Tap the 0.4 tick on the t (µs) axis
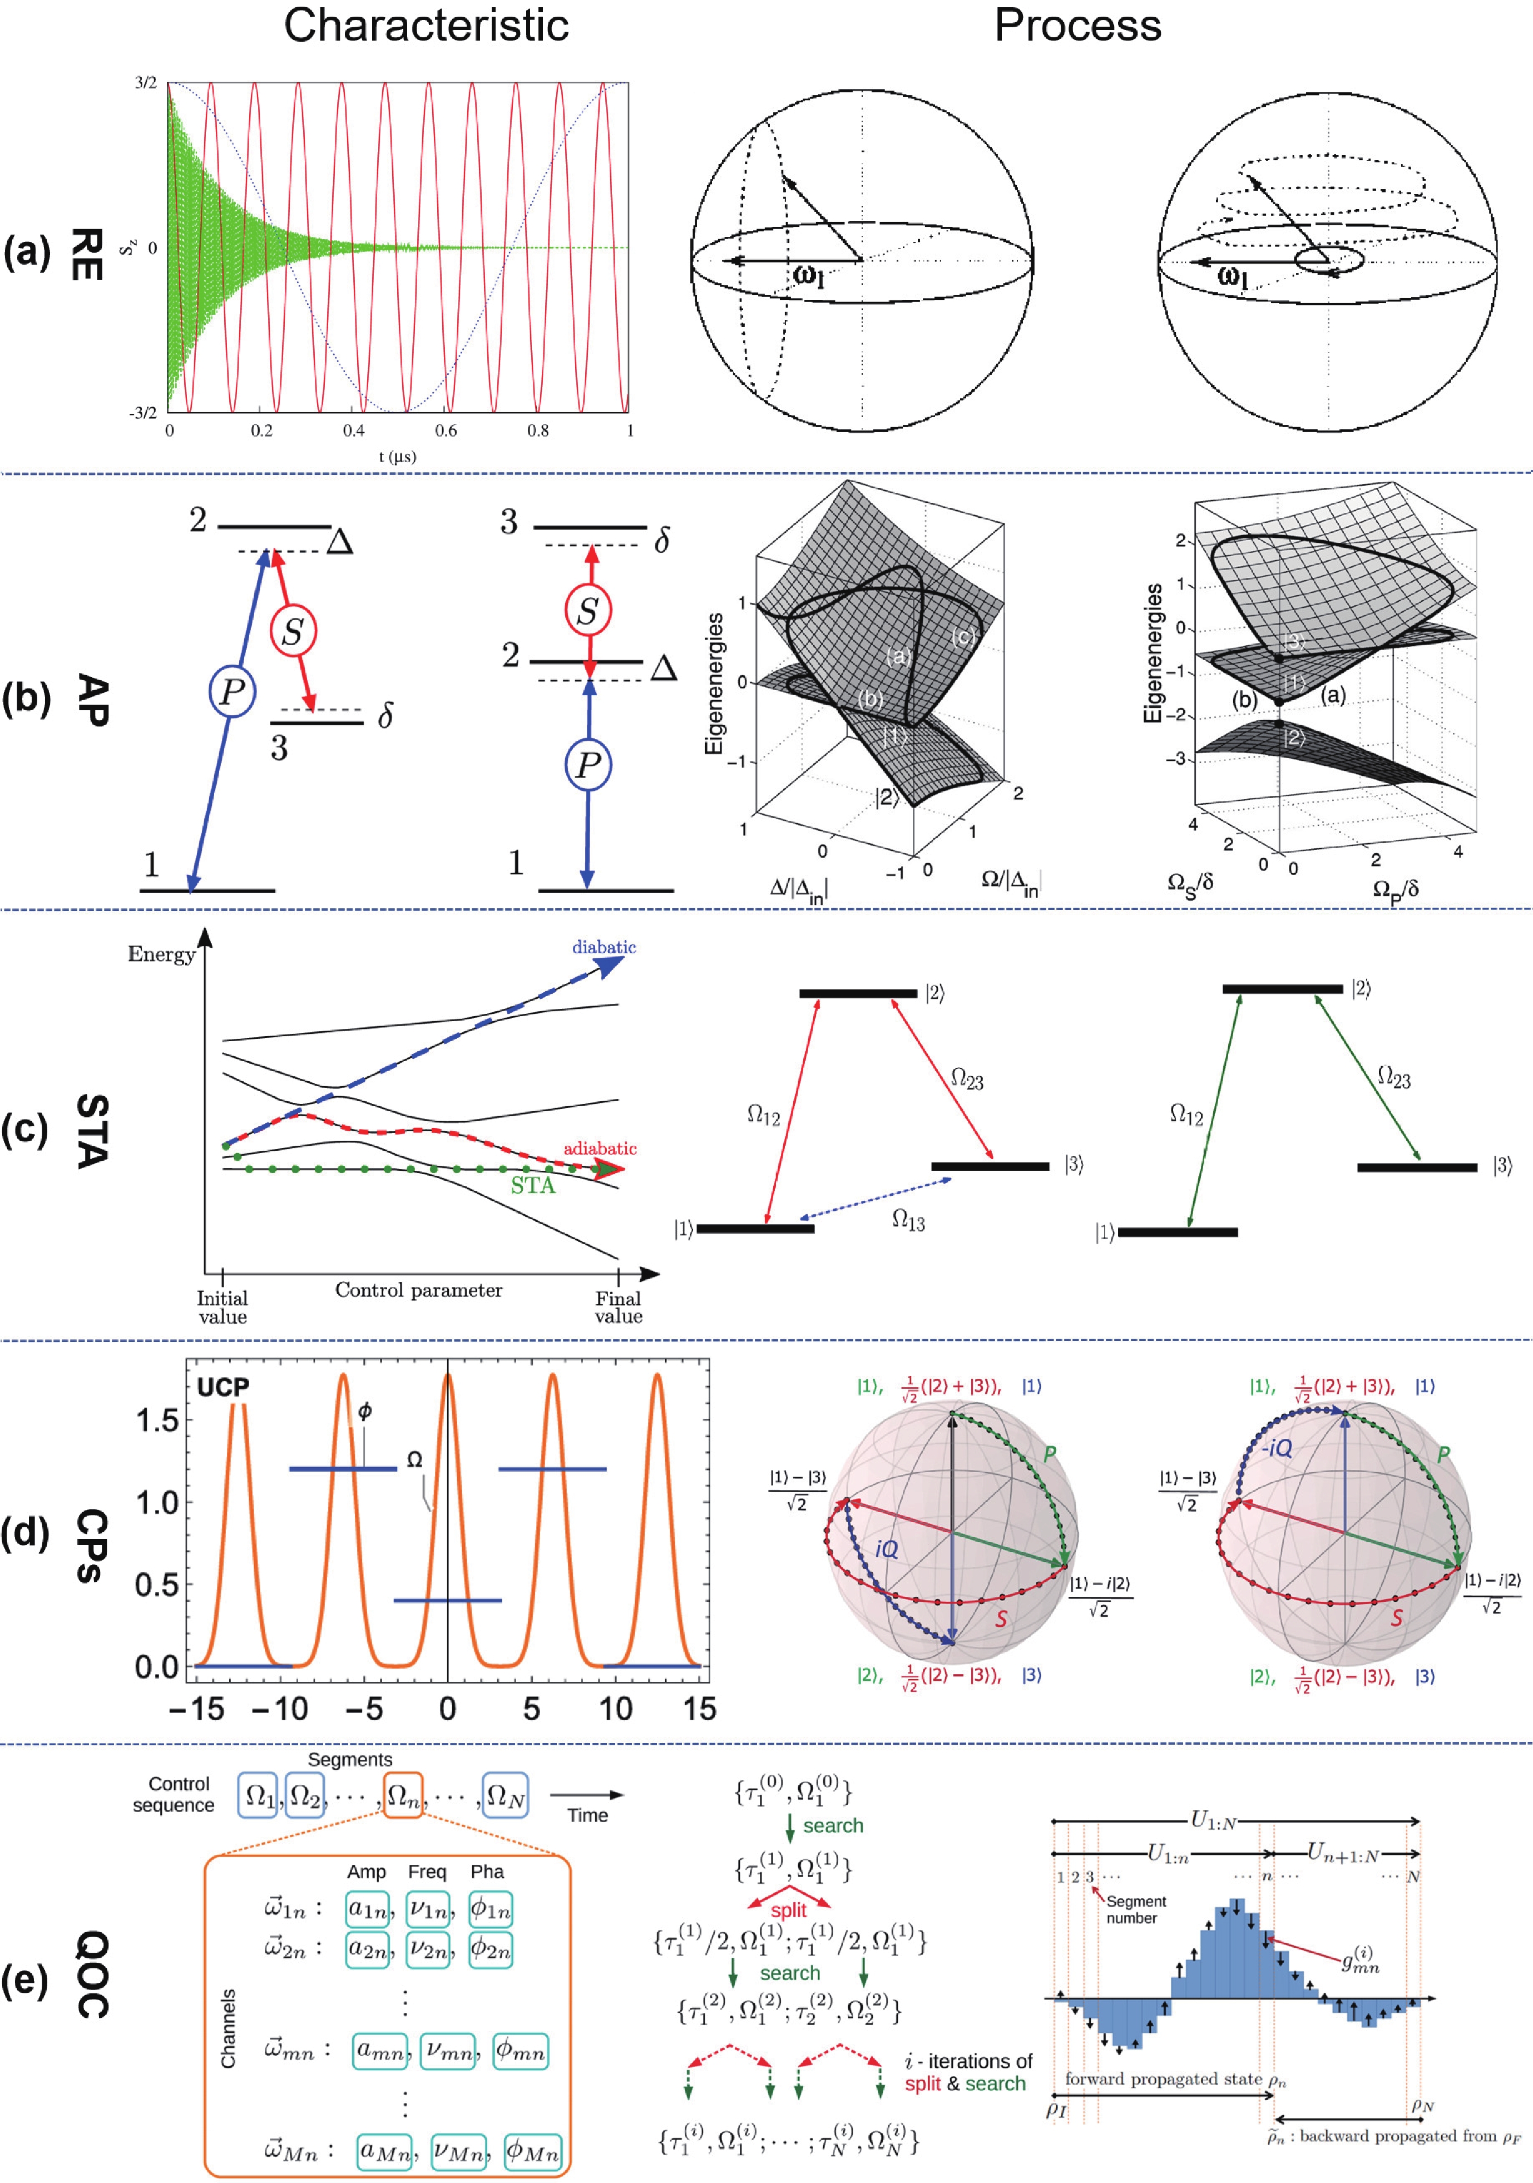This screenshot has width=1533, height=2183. coord(354,430)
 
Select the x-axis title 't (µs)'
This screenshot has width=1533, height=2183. coord(398,457)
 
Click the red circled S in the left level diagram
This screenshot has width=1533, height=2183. coord(293,630)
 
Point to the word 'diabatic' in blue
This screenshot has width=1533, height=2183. coord(604,947)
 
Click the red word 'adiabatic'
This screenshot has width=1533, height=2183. coord(599,1149)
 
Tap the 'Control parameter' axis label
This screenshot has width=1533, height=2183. coord(418,1290)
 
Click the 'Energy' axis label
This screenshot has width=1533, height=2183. coord(162,954)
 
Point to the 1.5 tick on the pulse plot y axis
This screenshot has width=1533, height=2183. coord(158,1422)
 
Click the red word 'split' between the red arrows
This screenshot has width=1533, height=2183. coord(788,1910)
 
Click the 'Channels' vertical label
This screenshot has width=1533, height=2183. coord(228,2028)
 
